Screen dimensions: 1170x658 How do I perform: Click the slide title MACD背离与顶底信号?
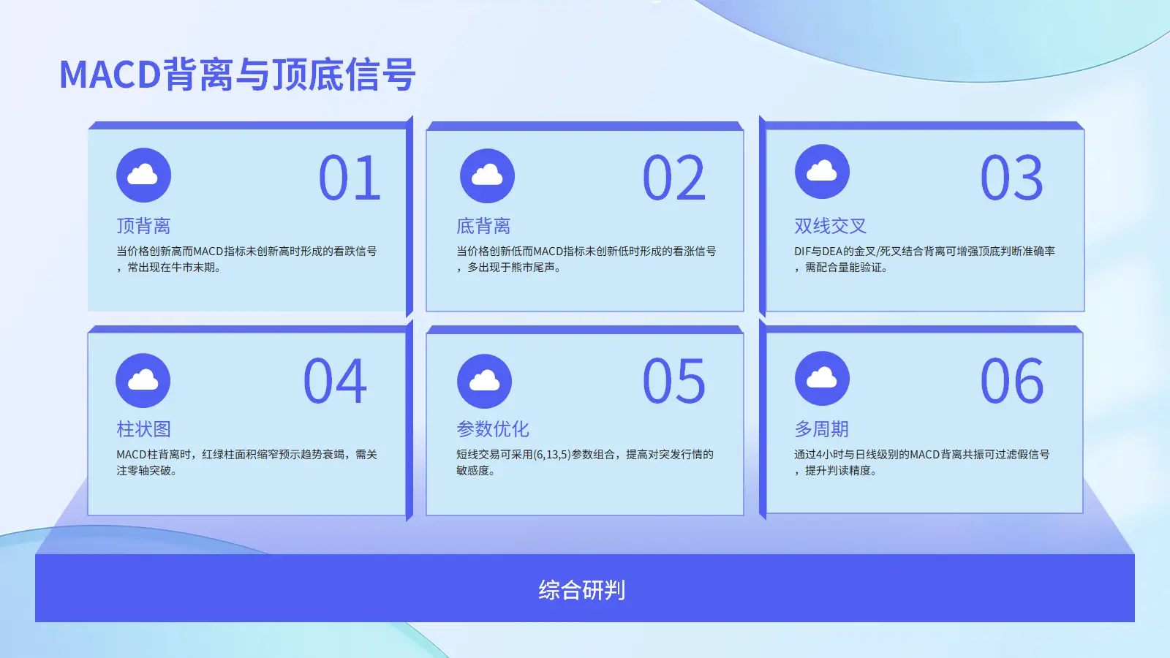pos(238,74)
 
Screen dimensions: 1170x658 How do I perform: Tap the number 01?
pos(350,178)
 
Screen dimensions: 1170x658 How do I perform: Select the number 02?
pos(674,178)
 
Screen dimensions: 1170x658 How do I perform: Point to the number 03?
pos(1012,178)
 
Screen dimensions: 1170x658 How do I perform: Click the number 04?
pos(335,380)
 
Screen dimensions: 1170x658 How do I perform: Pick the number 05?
pos(673,380)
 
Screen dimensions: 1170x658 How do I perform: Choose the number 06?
pos(1012,380)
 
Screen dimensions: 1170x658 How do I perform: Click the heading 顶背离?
pos(143,226)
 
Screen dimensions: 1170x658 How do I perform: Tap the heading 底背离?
pos(483,226)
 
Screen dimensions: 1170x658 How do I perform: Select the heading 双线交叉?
pos(831,226)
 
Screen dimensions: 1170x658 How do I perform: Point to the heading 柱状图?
pos(143,428)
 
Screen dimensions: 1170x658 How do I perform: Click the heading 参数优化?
pos(493,428)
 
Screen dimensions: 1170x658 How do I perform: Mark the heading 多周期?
pos(822,428)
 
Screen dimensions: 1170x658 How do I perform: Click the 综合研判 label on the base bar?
pos(582,590)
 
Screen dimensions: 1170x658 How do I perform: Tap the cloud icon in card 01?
pos(143,175)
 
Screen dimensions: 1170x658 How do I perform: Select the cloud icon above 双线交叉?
pos(822,171)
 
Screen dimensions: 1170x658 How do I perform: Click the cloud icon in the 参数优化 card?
pos(484,381)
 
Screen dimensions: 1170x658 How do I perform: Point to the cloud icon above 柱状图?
pos(143,381)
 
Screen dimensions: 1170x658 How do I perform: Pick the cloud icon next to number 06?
pos(822,379)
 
